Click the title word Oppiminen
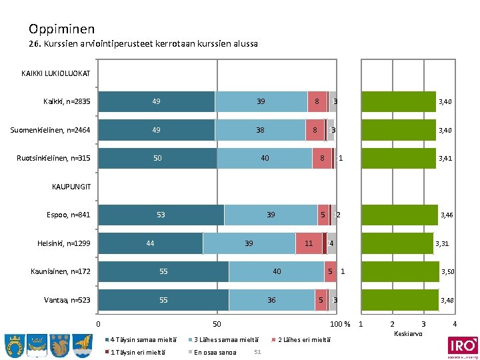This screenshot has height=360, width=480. click(x=61, y=29)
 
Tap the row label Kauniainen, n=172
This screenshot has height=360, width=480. click(x=60, y=271)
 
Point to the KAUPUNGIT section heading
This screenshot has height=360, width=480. click(x=70, y=187)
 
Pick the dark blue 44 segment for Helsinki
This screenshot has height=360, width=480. click(x=150, y=243)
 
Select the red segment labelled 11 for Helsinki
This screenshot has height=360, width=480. click(x=309, y=243)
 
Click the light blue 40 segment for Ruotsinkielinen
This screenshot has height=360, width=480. click(x=265, y=158)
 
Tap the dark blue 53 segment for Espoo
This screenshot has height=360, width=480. click(x=161, y=215)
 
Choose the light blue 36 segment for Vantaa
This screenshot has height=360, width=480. click(x=271, y=300)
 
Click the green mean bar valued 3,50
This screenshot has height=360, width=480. click(x=400, y=271)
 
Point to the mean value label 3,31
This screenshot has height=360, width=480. click(x=441, y=244)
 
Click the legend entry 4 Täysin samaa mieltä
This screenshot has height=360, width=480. click(x=137, y=340)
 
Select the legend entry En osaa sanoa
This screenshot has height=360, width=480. click(x=215, y=351)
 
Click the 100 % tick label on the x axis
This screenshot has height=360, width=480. click(x=341, y=324)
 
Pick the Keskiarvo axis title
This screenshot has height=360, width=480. click(x=407, y=333)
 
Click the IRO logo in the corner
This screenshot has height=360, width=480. click(x=462, y=346)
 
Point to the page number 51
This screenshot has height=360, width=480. click(x=257, y=351)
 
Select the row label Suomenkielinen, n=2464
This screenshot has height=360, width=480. click(x=50, y=130)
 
